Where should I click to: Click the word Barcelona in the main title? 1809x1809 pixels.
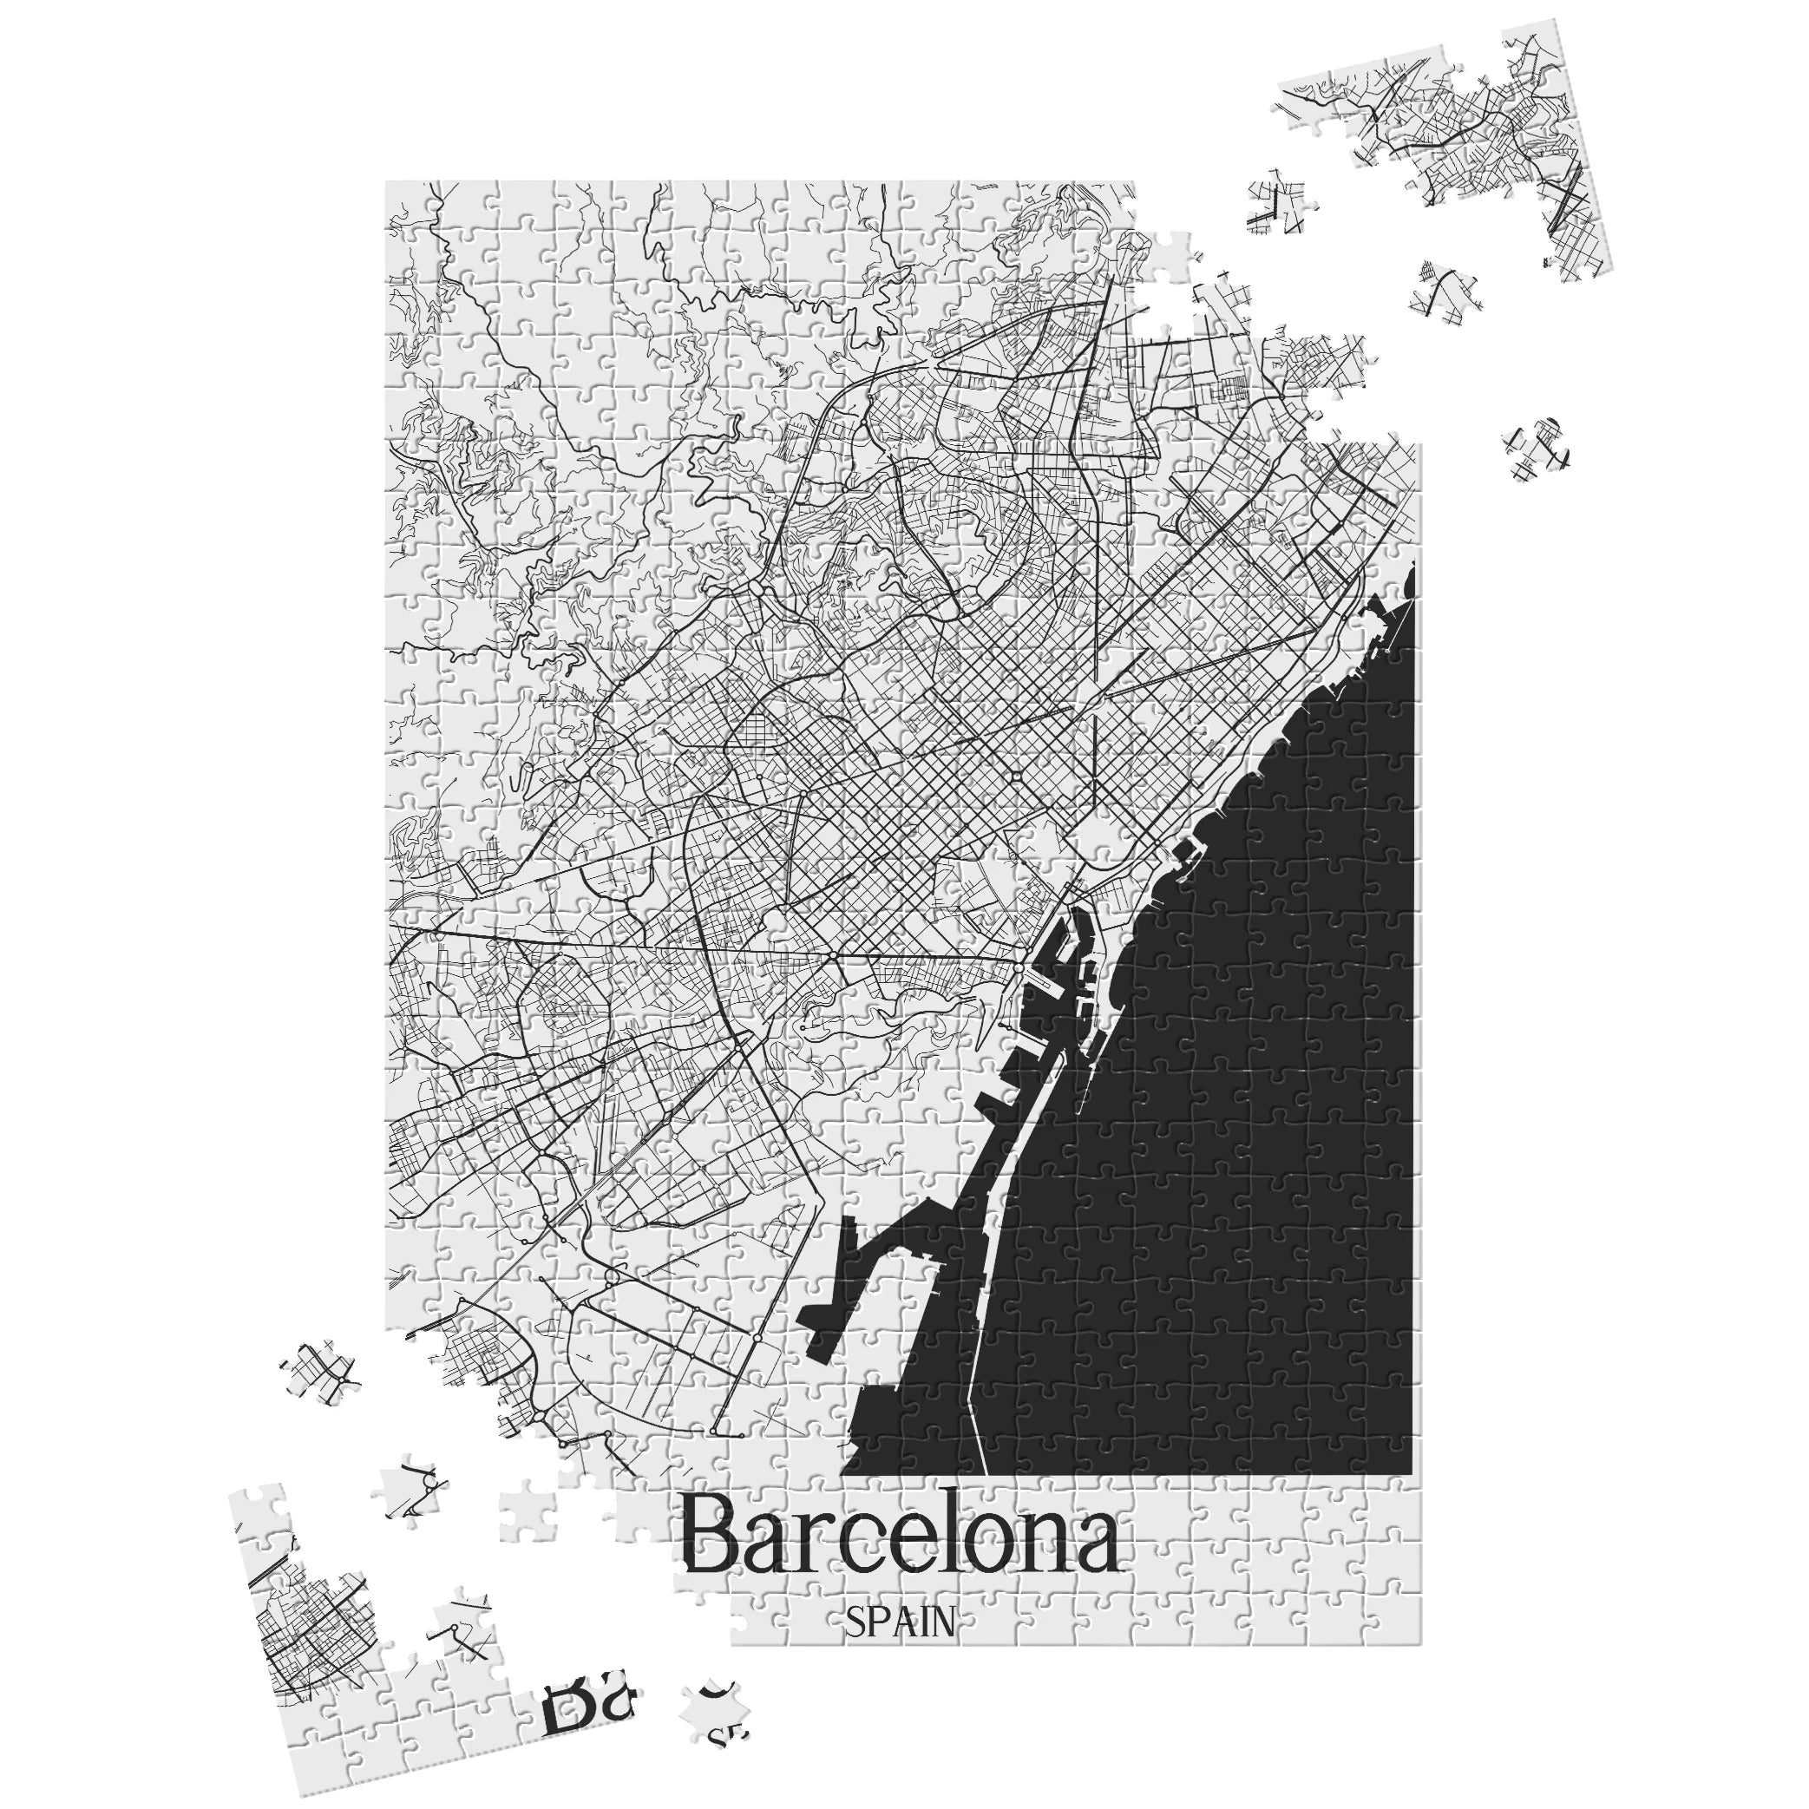[899, 1544]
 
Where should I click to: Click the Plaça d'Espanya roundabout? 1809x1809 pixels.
[831, 954]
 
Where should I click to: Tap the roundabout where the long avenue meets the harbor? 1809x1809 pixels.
[1020, 961]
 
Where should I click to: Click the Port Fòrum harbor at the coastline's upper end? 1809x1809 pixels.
[1369, 618]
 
